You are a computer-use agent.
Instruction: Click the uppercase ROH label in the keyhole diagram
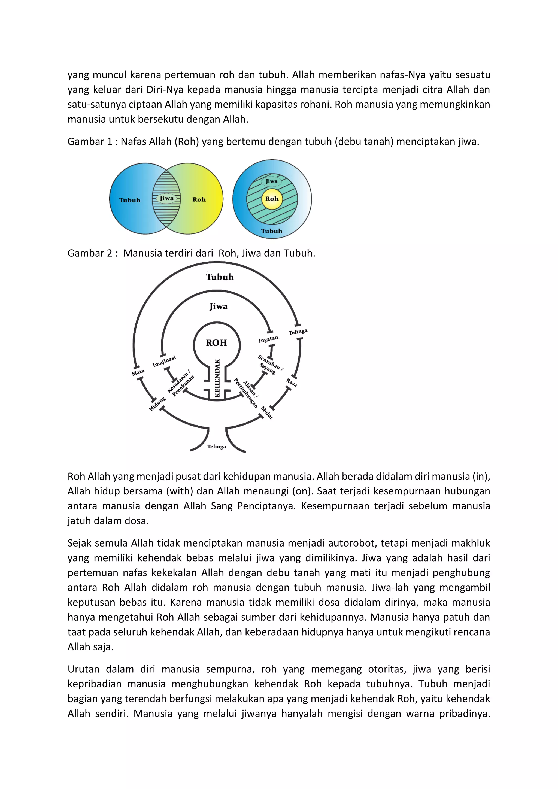[216, 343]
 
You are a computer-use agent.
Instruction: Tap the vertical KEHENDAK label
[217, 378]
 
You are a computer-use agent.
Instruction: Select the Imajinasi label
[164, 361]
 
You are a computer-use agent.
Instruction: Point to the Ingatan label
[268, 339]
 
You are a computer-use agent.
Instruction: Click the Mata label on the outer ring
[138, 372]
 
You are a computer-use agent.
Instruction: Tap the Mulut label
[267, 413]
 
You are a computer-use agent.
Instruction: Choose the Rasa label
[291, 382]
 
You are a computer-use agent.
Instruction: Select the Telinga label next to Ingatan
[298, 332]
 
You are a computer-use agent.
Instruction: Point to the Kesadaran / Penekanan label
[180, 384]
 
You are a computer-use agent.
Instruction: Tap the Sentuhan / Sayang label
[270, 365]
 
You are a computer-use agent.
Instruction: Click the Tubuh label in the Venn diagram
[130, 200]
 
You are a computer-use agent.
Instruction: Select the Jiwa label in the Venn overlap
[167, 198]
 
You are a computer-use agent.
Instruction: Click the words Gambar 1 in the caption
[90, 142]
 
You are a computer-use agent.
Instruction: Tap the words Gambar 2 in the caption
[90, 253]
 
